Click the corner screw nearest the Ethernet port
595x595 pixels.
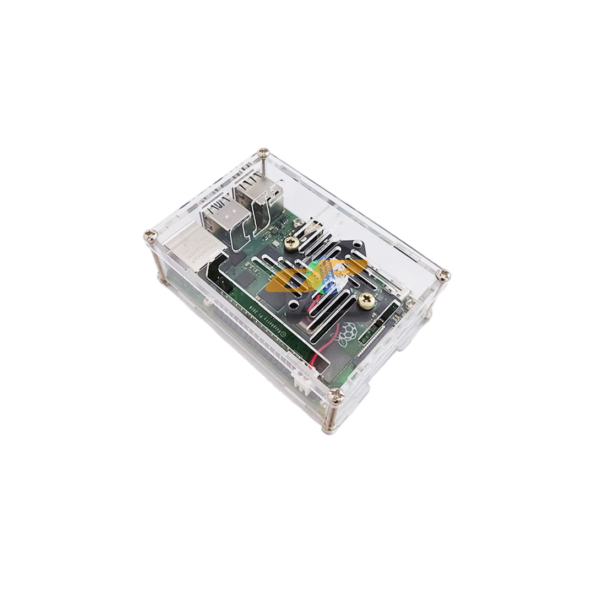150,236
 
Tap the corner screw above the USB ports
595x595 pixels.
264,153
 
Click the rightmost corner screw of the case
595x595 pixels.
443,275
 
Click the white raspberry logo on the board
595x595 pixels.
347,332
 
